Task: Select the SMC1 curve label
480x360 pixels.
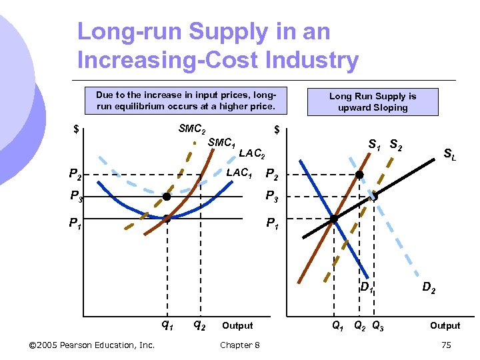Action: coord(221,143)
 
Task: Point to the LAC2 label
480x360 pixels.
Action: coord(252,154)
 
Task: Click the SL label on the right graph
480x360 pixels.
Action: coord(450,154)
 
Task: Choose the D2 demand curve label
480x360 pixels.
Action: coord(429,288)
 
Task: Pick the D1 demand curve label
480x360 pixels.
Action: coord(366,288)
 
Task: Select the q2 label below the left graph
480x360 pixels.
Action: coord(199,325)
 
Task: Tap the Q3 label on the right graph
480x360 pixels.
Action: coord(377,326)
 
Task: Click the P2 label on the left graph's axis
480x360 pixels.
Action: coord(76,175)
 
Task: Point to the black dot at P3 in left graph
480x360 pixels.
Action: coord(167,197)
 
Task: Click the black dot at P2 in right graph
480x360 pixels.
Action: coord(359,175)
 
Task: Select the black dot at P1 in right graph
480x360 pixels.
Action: coord(334,219)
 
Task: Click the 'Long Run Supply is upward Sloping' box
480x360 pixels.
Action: coord(372,102)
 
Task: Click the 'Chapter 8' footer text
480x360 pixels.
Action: coord(240,345)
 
